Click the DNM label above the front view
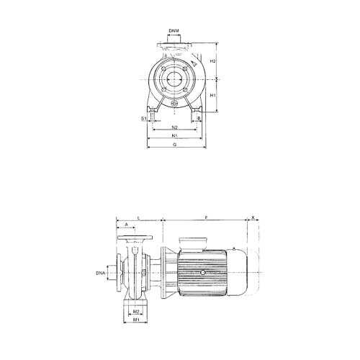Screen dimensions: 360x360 coord(175,31)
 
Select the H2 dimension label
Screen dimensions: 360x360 coord(212,61)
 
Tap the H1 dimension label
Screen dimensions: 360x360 coord(212,95)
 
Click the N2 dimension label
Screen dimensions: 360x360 coord(175,127)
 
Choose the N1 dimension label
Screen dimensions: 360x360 coord(175,135)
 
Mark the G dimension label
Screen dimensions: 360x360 coord(175,145)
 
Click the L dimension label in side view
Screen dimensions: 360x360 coord(138,215)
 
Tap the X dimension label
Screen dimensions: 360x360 coord(253,215)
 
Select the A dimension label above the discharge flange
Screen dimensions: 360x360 coord(127,225)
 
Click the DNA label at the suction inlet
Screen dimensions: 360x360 coord(102,274)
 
